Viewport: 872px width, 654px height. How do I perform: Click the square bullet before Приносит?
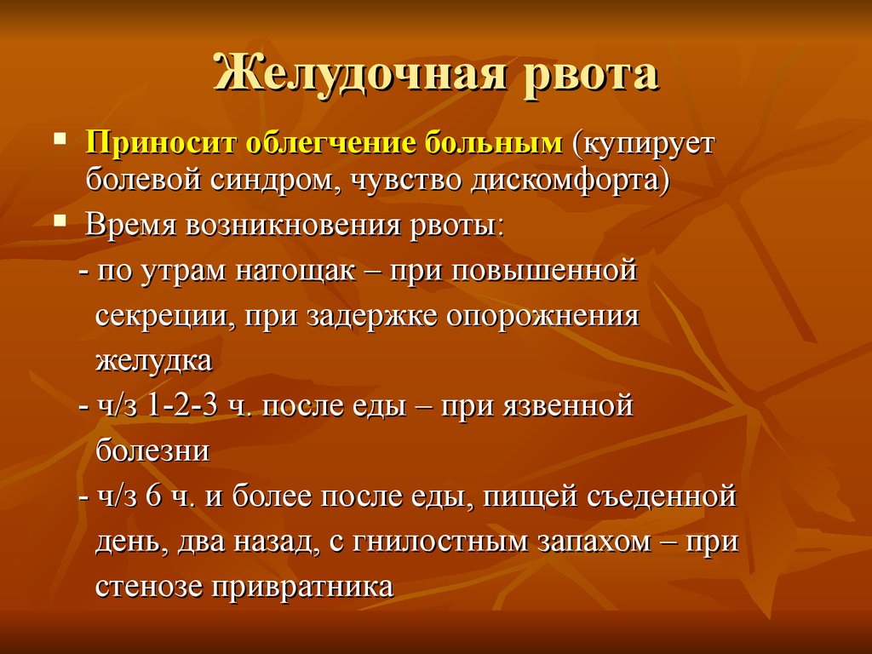[x=60, y=137]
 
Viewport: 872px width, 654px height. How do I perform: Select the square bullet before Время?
[x=60, y=221]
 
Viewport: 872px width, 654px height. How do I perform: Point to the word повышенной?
[x=544, y=271]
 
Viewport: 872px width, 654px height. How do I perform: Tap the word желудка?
[x=154, y=361]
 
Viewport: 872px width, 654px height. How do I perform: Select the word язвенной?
[x=568, y=405]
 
